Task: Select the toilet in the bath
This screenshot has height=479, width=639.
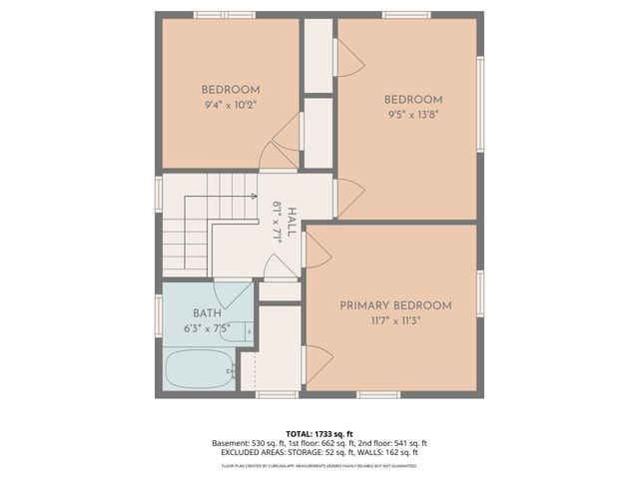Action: [238, 330]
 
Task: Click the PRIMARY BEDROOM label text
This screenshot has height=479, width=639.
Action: [395, 305]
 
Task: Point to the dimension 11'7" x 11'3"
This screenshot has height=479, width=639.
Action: [395, 321]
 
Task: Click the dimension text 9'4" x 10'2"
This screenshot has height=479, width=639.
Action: [231, 104]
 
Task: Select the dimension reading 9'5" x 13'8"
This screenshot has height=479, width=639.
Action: [413, 115]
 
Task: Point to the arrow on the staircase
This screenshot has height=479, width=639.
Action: [252, 197]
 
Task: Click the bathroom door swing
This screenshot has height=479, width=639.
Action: [236, 293]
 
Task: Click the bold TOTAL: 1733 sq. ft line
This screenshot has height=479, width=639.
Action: [319, 433]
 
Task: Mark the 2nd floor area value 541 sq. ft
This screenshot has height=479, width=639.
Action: [407, 443]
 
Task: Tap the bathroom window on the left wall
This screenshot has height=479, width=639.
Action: [159, 313]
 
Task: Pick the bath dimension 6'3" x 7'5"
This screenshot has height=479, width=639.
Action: [207, 327]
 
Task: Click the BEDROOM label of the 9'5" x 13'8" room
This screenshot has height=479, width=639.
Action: [413, 99]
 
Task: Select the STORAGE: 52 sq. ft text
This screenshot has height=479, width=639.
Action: [318, 453]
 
